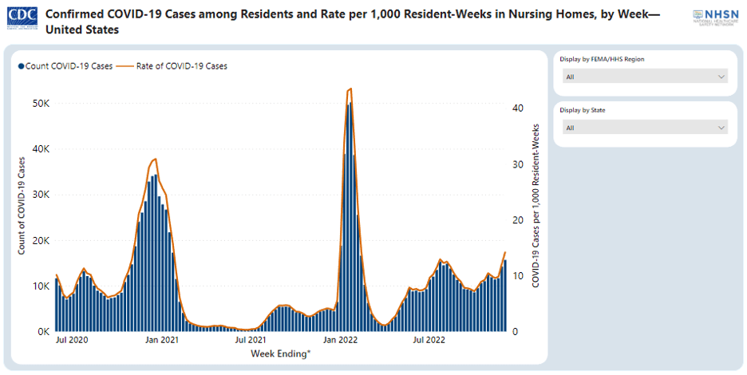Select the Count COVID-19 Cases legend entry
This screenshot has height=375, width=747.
point(65,66)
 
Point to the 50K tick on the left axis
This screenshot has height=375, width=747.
point(40,104)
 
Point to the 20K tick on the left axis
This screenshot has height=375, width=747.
point(40,240)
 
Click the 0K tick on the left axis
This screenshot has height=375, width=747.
point(42,331)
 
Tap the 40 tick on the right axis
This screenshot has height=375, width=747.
point(517,108)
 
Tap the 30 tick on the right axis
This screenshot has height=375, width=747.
point(517,164)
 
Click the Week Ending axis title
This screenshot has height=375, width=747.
point(280,353)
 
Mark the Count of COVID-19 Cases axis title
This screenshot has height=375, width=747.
point(22,206)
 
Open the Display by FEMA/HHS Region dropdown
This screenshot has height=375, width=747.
point(645,77)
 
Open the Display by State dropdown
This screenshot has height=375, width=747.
point(645,128)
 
